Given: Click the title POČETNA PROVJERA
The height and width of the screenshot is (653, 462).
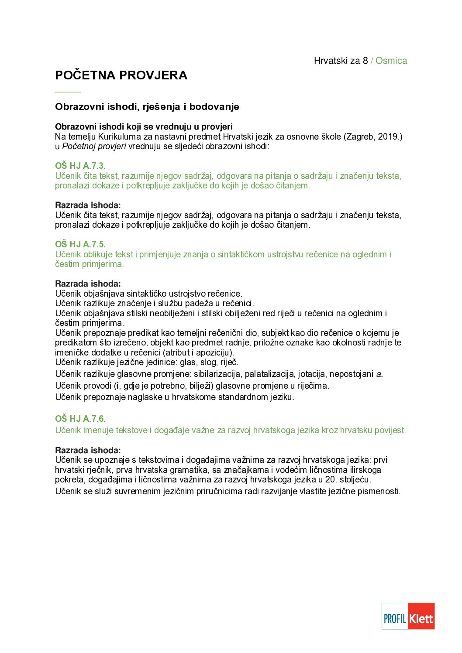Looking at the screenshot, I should [121, 75].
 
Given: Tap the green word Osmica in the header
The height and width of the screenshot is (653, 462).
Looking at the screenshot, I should [391, 61].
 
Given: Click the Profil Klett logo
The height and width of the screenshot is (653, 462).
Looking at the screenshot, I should [408, 616].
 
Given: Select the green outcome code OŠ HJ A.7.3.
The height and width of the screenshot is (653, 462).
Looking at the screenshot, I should [80, 166].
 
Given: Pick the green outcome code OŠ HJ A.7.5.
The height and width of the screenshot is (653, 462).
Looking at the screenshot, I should [80, 244].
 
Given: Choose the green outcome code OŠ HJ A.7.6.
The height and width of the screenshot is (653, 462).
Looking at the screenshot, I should [80, 419].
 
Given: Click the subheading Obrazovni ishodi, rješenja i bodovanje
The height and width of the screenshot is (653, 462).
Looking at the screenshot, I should [147, 107].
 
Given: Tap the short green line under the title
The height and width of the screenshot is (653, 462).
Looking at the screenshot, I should [68, 92].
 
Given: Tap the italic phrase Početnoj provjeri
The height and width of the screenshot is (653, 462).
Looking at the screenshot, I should [94, 146].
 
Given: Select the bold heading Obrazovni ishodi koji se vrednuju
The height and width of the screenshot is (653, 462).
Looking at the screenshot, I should [144, 127].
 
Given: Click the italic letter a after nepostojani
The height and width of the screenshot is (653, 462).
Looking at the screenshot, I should [379, 374].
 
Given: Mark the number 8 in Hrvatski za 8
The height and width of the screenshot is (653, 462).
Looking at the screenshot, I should [365, 61].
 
